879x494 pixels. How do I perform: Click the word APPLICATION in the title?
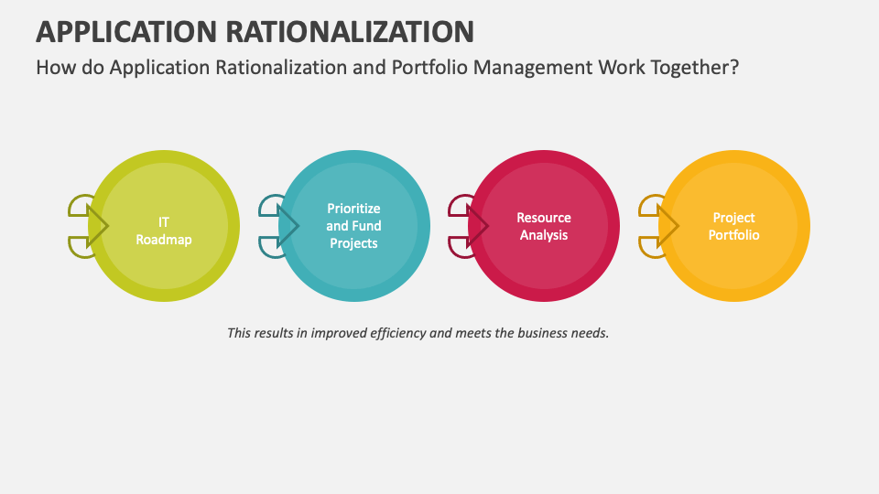point(126,31)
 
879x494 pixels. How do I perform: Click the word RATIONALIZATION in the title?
point(350,31)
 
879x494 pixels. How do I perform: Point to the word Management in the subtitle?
point(533,68)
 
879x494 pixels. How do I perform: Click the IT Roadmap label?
point(164,231)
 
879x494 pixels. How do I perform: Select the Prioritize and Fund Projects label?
point(353,226)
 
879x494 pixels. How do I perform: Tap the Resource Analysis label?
point(544,226)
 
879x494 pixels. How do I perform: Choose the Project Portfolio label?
point(733,226)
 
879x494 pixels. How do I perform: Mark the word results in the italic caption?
point(273,333)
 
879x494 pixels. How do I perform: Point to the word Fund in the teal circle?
point(367,226)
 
